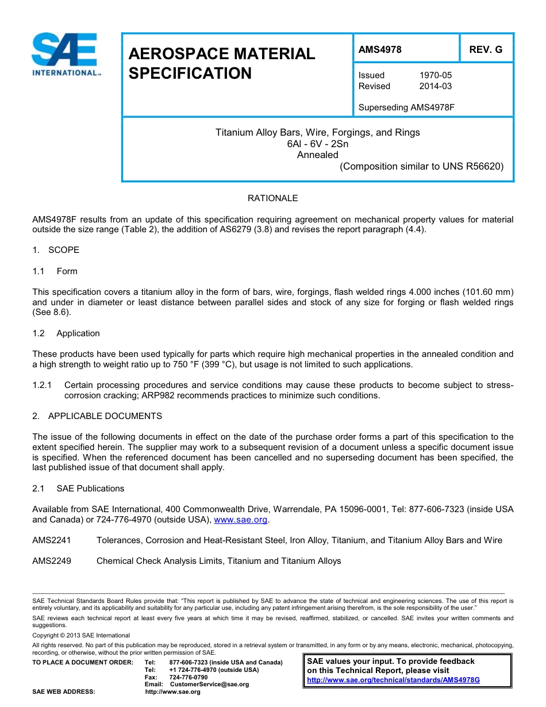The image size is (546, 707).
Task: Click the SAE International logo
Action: (x=65, y=55)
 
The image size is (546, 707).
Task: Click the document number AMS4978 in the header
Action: (x=380, y=49)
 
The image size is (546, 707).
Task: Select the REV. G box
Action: (x=486, y=49)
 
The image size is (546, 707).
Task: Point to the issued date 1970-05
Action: (x=435, y=75)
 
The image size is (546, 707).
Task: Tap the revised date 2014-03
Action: (x=435, y=86)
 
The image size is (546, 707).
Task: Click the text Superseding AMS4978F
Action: (x=406, y=107)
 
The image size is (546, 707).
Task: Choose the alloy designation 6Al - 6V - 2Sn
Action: (x=317, y=144)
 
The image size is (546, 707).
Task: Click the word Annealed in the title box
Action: (x=317, y=155)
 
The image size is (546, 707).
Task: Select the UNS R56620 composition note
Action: (x=421, y=167)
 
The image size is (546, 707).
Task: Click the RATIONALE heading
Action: (x=272, y=198)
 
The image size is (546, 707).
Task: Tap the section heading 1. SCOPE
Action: (x=56, y=250)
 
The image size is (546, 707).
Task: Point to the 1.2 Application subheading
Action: (x=66, y=333)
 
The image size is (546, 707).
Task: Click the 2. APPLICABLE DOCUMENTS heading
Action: (x=97, y=416)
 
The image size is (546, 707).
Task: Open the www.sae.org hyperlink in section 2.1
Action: (x=240, y=520)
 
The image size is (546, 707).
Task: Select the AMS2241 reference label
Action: (x=52, y=540)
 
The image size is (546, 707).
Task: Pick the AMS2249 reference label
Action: (x=52, y=561)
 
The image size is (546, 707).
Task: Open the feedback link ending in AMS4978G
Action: (x=393, y=679)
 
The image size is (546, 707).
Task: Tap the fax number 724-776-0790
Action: (x=189, y=677)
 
